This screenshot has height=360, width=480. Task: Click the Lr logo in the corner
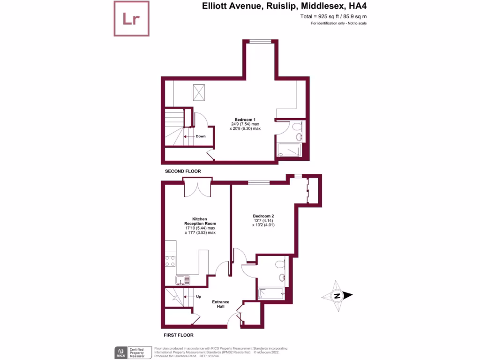132,19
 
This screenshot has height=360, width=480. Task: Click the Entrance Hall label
221,304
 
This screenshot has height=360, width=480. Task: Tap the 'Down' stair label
201,136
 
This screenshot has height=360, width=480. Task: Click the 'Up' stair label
198,297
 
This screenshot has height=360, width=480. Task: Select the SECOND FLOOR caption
183,172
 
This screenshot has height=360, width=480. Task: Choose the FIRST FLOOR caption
179,335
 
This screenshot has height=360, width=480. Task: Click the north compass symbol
337,296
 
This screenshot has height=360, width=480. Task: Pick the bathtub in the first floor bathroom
271,293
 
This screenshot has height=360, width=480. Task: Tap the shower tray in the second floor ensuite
290,150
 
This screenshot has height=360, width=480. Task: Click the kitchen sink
183,280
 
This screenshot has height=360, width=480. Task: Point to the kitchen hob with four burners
170,261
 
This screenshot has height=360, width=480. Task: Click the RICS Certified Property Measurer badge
133,352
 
